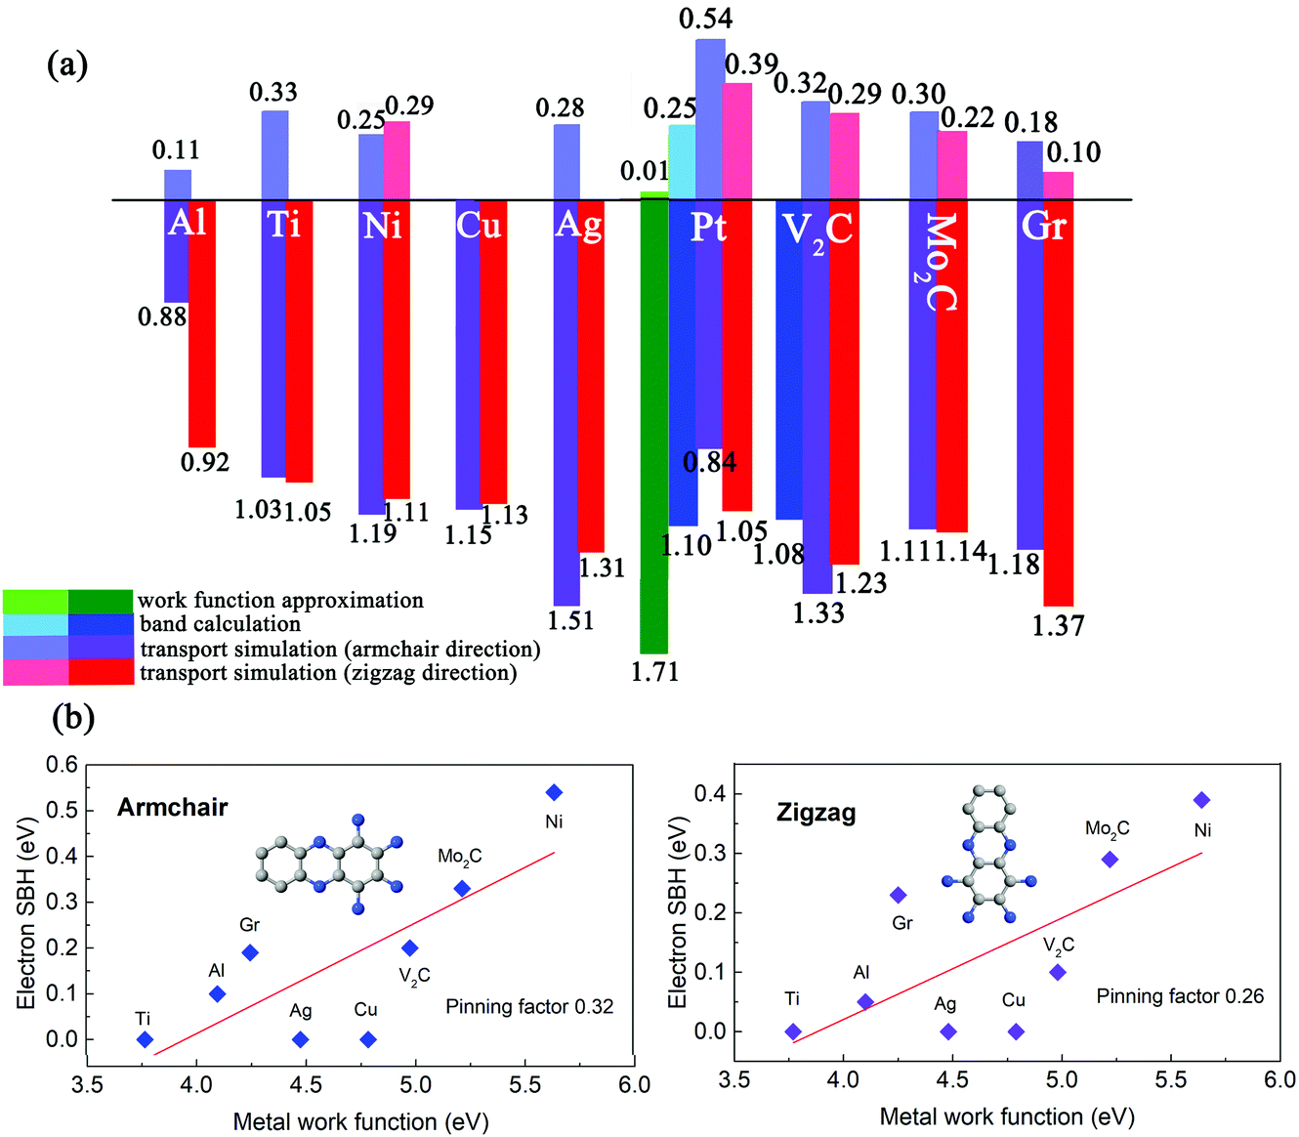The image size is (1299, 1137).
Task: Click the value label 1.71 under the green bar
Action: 654,672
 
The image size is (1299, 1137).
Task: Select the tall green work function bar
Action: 653,430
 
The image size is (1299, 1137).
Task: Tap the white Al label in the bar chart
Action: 188,223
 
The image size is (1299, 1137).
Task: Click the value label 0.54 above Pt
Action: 705,19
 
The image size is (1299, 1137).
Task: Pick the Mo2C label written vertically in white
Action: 939,262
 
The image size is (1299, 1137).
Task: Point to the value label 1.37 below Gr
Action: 1058,625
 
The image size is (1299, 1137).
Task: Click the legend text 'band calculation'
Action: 220,624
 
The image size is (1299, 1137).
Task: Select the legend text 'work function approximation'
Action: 280,600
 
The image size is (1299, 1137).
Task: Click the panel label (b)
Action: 73,718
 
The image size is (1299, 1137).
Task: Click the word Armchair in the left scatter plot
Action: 172,807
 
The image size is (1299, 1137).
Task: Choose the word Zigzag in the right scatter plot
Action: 816,812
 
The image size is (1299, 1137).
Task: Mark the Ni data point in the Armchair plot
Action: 555,792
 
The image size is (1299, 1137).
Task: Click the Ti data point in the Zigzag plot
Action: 793,1032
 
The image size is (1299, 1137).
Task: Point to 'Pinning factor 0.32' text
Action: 529,1006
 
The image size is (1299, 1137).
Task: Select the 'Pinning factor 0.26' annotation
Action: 1179,996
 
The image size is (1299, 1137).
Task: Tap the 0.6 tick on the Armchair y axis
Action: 62,765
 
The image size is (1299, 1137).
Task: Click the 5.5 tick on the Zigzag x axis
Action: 1170,1079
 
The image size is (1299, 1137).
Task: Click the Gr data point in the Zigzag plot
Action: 899,895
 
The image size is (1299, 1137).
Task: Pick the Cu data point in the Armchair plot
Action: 368,1039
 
